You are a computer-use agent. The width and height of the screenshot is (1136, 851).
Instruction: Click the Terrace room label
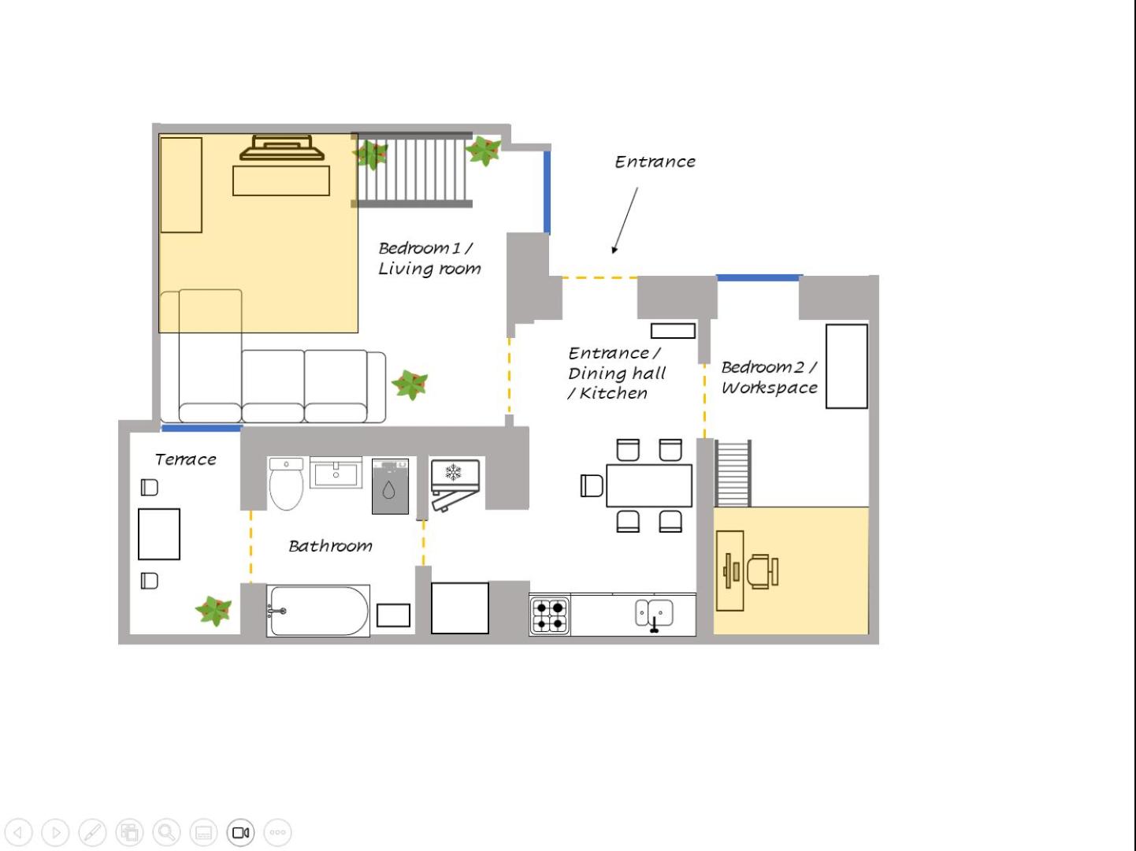(x=186, y=459)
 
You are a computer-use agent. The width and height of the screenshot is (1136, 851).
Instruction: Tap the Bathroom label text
(x=330, y=545)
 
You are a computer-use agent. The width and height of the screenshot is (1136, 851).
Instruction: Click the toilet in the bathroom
(x=286, y=484)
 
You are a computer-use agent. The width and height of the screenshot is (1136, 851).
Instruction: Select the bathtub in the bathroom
(x=318, y=611)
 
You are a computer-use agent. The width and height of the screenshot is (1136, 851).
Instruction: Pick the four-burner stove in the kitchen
(x=550, y=615)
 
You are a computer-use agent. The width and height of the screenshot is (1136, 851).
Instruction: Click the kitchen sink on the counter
(x=654, y=615)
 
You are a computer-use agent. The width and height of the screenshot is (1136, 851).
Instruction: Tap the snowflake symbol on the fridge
(x=453, y=472)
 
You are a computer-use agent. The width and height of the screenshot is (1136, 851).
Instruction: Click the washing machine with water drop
(x=390, y=486)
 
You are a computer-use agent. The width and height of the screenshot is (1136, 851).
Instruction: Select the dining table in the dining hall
(x=649, y=485)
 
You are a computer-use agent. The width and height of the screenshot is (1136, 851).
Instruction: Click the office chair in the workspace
(x=763, y=571)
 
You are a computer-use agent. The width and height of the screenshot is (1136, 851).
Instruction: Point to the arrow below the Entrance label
(x=626, y=221)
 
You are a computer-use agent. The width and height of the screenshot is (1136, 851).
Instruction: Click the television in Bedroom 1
(x=281, y=147)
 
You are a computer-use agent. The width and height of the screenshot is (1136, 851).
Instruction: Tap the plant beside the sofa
(x=410, y=384)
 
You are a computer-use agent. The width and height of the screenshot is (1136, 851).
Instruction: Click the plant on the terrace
(x=213, y=611)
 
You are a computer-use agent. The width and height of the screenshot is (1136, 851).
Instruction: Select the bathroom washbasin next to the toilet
(x=336, y=473)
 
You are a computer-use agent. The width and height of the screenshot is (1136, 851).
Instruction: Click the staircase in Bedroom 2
(x=733, y=473)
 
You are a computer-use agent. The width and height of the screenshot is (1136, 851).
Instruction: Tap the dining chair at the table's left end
(x=592, y=485)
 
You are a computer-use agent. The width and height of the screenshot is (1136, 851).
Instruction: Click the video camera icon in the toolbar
(x=240, y=832)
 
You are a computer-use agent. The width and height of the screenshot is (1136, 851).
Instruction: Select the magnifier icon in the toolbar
(x=166, y=832)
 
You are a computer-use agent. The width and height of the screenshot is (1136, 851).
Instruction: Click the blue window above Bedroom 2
(x=759, y=278)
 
